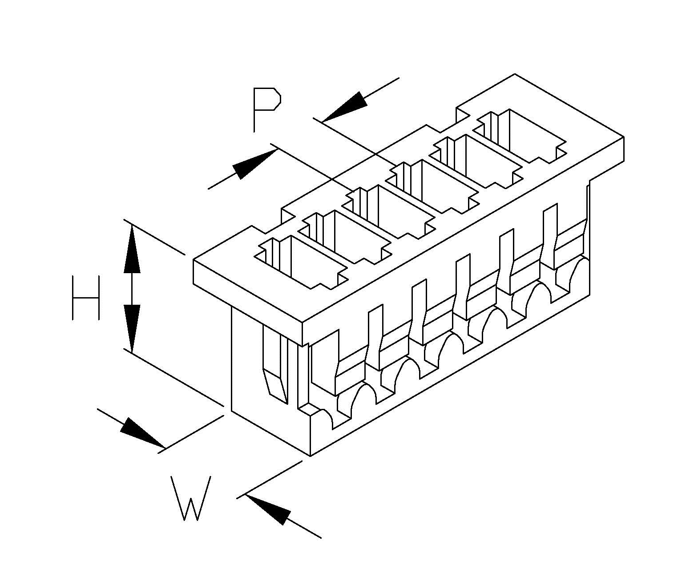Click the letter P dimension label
point(266,109)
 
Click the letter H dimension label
point(85,298)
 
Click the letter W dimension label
point(191,498)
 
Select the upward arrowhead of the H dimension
point(132,249)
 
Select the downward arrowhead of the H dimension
point(132,329)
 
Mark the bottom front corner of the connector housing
point(311,456)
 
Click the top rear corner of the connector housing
point(515,74)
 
